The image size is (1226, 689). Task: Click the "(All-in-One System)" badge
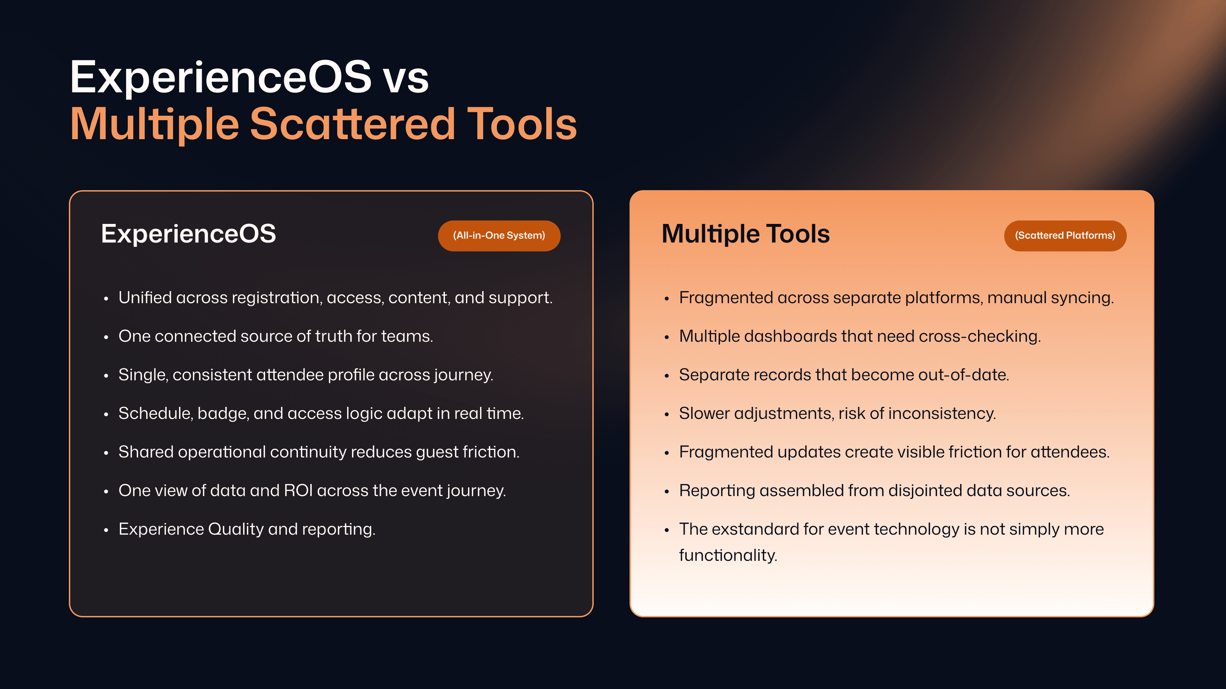499,236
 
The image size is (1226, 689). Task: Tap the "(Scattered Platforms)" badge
1065,236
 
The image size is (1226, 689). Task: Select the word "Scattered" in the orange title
353,124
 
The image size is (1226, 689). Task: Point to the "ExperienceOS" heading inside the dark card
188,234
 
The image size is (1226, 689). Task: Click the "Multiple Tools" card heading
745,234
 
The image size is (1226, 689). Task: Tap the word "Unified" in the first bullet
145,298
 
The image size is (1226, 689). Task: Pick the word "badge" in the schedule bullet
223,413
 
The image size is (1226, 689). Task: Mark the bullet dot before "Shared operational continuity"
106,453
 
